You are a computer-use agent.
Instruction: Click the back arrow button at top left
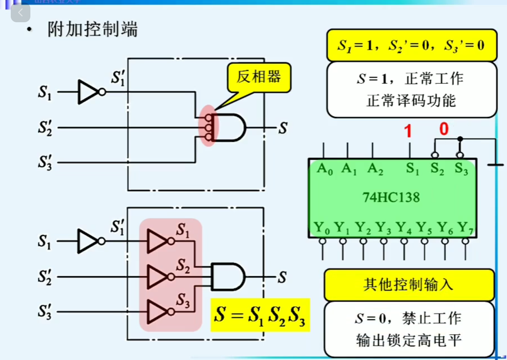point(20,13)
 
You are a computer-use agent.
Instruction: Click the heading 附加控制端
point(92,29)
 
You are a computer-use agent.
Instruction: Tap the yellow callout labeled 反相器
point(259,77)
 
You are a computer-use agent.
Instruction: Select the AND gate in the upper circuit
point(229,127)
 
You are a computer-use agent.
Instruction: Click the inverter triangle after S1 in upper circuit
point(88,92)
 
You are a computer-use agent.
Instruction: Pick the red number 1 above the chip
point(408,131)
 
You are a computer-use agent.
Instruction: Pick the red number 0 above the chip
point(444,129)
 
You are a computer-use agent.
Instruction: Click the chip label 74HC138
point(391,197)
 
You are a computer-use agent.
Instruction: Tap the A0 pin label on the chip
point(325,169)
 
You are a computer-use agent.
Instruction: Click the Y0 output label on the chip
point(322,227)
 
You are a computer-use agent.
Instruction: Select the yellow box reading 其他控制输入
point(409,285)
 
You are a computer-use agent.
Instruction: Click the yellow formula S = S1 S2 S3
point(260,315)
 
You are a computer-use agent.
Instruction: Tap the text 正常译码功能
point(411,101)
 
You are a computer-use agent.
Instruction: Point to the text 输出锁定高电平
point(409,340)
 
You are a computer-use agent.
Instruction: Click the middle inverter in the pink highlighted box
point(158,277)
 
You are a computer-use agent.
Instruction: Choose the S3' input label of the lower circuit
point(45,311)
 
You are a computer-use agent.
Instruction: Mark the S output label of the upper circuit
point(283,128)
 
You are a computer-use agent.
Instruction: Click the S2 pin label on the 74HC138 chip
point(437,169)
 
